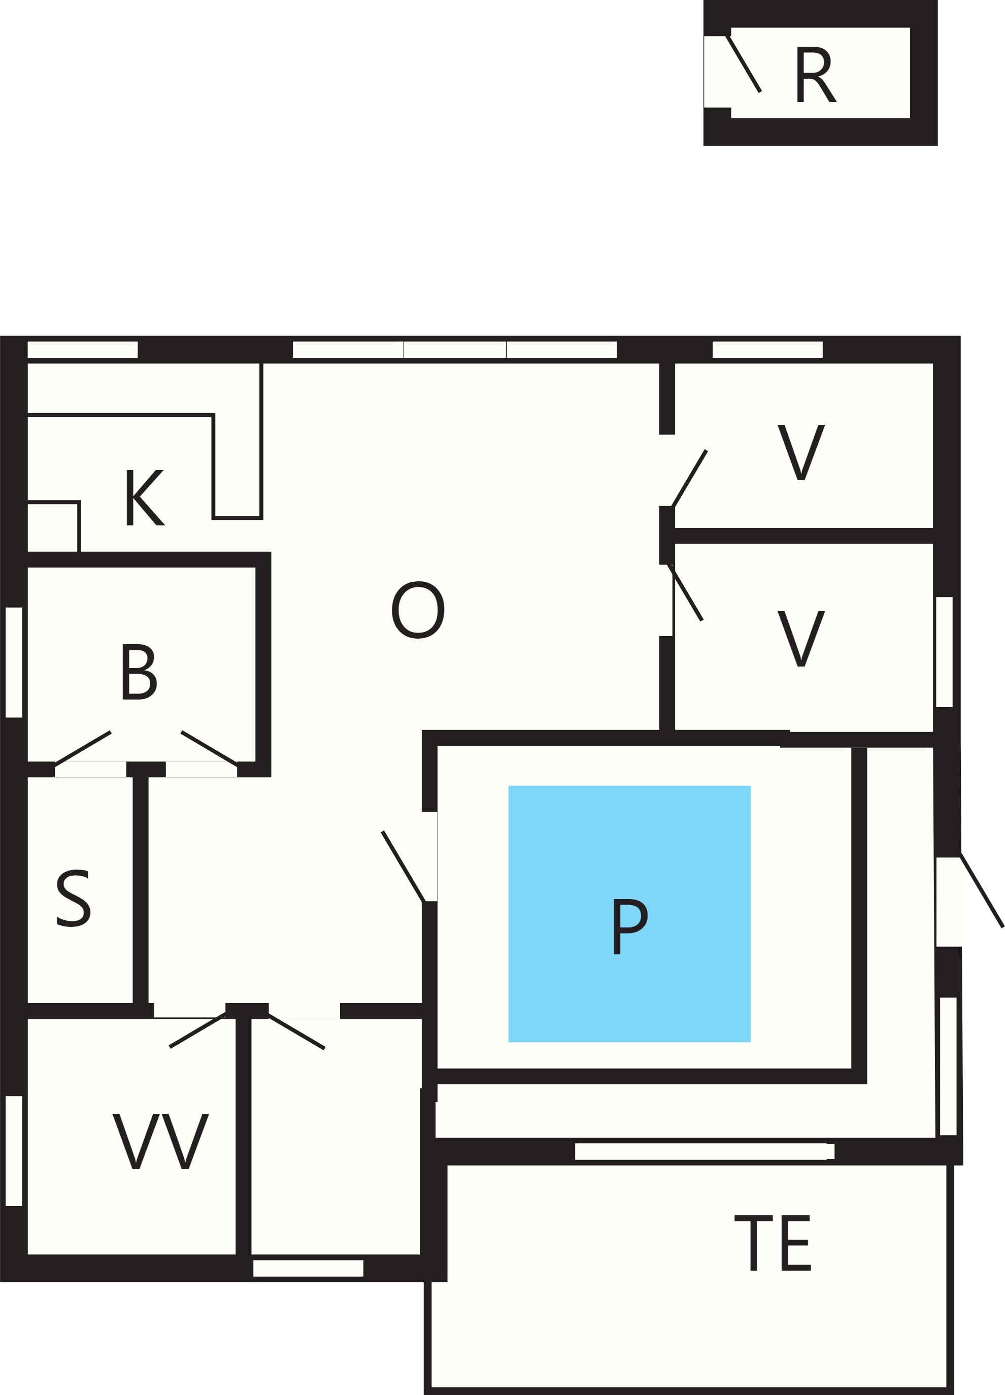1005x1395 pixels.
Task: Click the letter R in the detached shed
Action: (816, 75)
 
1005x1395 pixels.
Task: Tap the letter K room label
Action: (145, 497)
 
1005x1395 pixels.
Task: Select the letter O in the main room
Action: (418, 610)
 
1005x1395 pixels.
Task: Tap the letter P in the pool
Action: (630, 927)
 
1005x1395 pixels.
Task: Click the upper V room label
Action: (801, 452)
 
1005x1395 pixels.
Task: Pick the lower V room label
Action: (801, 639)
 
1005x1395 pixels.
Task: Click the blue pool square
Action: (629, 914)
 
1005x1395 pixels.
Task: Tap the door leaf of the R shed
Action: (744, 63)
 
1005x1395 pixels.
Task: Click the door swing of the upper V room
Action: (689, 479)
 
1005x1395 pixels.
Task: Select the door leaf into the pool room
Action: (403, 867)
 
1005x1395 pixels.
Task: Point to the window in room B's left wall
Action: (14, 662)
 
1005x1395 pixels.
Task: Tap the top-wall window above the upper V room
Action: (767, 349)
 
